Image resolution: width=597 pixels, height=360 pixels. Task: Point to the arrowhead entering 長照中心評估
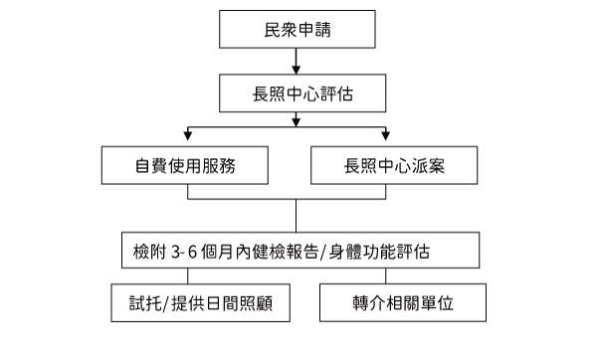click(x=296, y=70)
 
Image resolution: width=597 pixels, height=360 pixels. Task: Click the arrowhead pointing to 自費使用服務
click(x=187, y=135)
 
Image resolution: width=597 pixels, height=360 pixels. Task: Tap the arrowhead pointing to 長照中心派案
click(x=386, y=135)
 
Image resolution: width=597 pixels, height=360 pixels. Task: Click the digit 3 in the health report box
click(x=175, y=252)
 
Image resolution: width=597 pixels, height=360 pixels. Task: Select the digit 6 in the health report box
click(x=192, y=252)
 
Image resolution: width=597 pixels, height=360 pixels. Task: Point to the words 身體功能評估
click(x=379, y=252)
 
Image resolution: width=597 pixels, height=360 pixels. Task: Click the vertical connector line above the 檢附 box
click(x=296, y=216)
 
